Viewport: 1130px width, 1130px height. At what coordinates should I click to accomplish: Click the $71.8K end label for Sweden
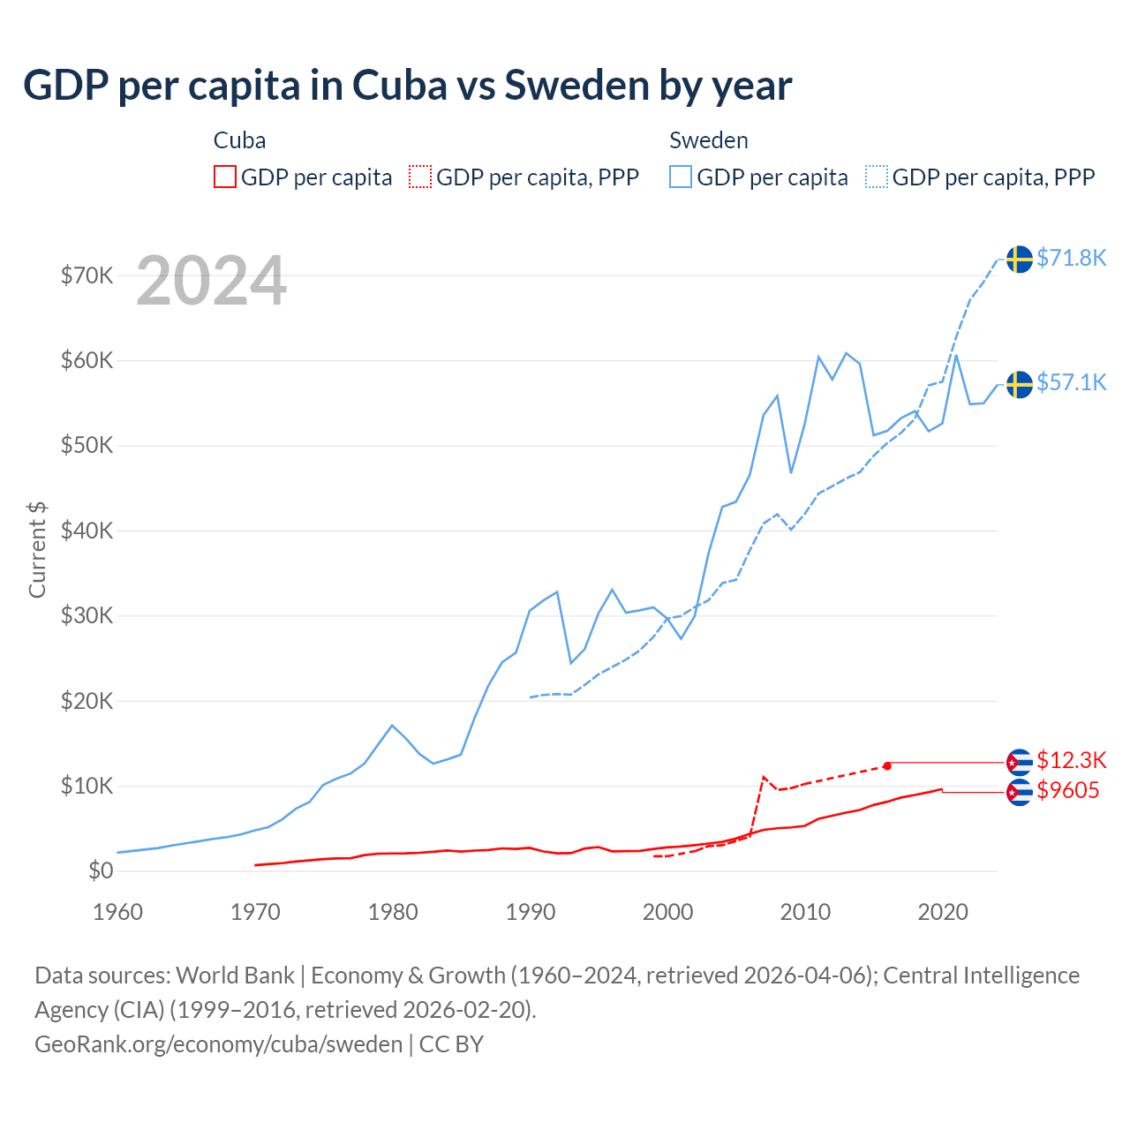pyautogui.click(x=1071, y=258)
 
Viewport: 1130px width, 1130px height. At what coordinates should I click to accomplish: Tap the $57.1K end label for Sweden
pyautogui.click(x=1071, y=382)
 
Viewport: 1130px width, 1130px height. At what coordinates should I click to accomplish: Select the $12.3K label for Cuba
pyautogui.click(x=1071, y=760)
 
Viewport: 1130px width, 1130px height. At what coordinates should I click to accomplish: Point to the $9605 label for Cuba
pyautogui.click(x=1067, y=790)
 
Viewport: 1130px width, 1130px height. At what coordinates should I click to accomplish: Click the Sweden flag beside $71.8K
pyautogui.click(x=1020, y=260)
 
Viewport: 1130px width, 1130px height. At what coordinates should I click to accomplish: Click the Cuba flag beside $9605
pyautogui.click(x=1020, y=793)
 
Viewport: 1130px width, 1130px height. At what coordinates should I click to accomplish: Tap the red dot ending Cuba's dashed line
pyautogui.click(x=887, y=765)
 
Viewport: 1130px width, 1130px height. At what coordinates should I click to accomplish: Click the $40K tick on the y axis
pyautogui.click(x=87, y=531)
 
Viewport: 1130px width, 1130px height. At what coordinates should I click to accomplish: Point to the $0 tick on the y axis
pyautogui.click(x=101, y=870)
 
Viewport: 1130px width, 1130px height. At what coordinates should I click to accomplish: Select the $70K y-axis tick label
pyautogui.click(x=87, y=275)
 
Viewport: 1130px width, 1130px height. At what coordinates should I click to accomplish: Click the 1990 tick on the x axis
pyautogui.click(x=531, y=912)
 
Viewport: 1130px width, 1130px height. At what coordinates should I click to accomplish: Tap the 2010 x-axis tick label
pyautogui.click(x=805, y=912)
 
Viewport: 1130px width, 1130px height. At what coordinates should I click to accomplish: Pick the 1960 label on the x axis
pyautogui.click(x=117, y=912)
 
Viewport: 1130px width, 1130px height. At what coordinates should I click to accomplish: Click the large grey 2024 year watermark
pyautogui.click(x=212, y=281)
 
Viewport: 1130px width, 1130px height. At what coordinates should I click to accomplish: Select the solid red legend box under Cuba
pyautogui.click(x=225, y=177)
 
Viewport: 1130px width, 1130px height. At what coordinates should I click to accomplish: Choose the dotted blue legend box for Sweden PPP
pyautogui.click(x=877, y=177)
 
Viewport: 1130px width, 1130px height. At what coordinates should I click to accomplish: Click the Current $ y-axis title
pyautogui.click(x=37, y=549)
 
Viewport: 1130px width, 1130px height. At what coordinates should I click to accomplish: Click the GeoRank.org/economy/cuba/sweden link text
pyautogui.click(x=218, y=1043)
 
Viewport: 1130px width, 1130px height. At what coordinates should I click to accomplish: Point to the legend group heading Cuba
pyautogui.click(x=239, y=140)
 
